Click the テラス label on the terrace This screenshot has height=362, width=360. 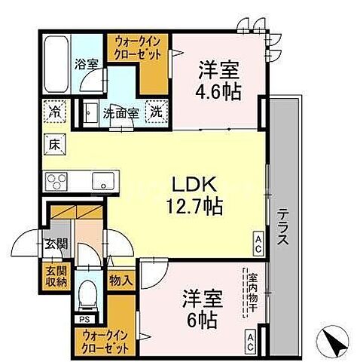click(x=283, y=226)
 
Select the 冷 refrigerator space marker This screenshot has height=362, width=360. click(x=56, y=110)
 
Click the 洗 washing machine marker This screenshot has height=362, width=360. click(x=155, y=111)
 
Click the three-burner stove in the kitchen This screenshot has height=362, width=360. click(x=58, y=181)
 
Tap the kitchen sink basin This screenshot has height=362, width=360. click(x=101, y=181)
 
